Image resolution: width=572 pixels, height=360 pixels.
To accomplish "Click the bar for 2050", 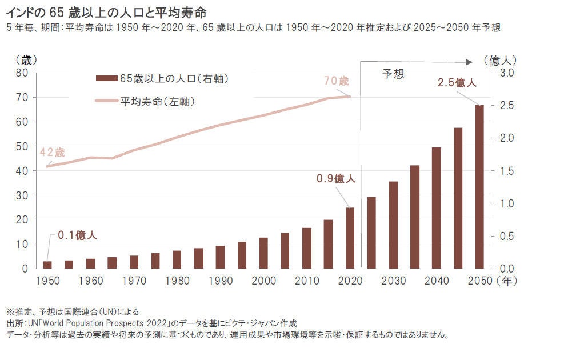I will pos(479,187).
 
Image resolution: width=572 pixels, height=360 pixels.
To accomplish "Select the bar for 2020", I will pos(350,238).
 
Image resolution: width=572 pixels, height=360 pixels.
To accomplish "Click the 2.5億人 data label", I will pos(457,83).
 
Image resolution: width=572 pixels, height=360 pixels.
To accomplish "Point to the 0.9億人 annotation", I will pos(336,178).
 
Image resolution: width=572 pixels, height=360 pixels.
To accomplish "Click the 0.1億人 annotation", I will pos(77,235).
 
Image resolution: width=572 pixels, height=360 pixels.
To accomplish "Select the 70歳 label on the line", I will pos(336,81).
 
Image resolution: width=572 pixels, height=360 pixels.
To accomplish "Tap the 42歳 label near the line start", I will pos(52,153).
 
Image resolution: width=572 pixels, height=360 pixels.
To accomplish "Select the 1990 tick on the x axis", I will pos(220,281).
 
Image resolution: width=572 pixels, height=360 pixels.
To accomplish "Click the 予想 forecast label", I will pos(393,74).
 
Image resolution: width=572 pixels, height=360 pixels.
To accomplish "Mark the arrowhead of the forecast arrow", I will pos(470,61).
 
